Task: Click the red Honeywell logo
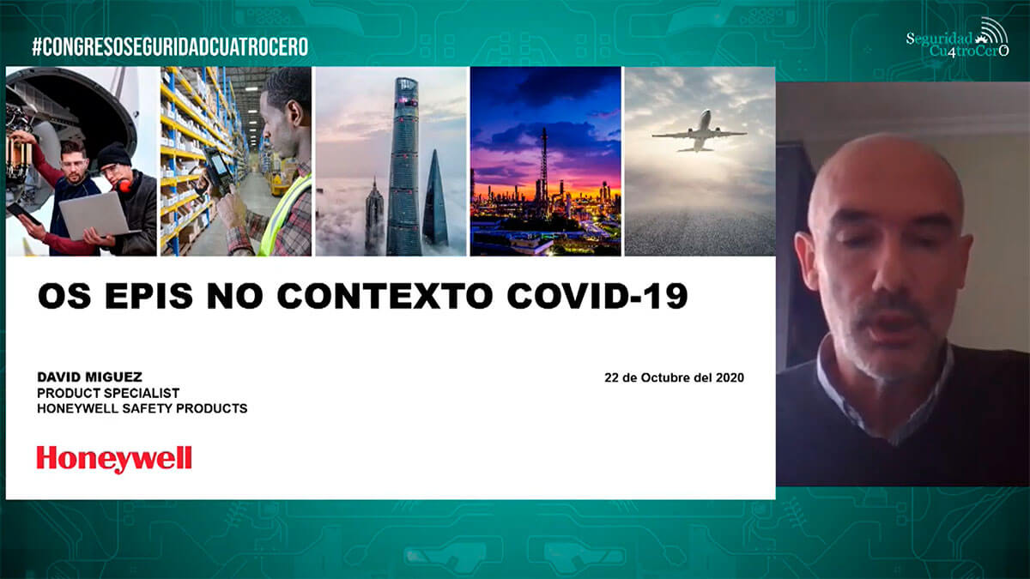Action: [x=114, y=459]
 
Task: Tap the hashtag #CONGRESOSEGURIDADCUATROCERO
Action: [x=170, y=47]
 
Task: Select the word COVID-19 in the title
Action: [x=597, y=296]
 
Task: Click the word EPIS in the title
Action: [x=148, y=296]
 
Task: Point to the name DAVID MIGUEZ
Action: [x=89, y=377]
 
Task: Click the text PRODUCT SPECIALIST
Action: [x=108, y=394]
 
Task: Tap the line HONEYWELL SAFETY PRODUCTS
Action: [x=142, y=408]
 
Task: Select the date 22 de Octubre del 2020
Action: [x=674, y=377]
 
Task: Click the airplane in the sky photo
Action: [x=699, y=132]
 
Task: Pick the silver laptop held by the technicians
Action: [x=95, y=216]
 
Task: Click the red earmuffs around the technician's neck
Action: [x=125, y=184]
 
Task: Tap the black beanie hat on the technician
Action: [x=114, y=154]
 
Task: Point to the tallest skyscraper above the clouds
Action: [x=403, y=166]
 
